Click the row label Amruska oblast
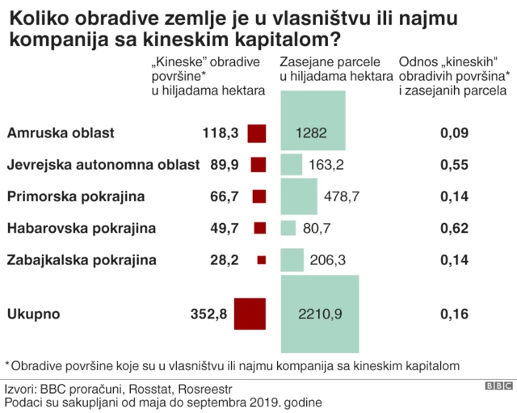[x=61, y=133]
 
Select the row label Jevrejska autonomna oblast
[x=103, y=165]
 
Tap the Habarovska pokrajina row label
[x=81, y=229]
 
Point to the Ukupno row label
[x=33, y=314]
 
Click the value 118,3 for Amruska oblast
[x=221, y=133]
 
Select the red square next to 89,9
[x=258, y=165]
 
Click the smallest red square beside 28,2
[x=260, y=260]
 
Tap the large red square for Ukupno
[x=250, y=314]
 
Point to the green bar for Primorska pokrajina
[x=298, y=196]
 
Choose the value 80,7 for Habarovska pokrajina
[x=317, y=229]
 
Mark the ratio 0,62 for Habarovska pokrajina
[x=454, y=229]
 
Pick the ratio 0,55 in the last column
[x=454, y=165]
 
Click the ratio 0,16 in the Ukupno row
[x=454, y=314]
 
